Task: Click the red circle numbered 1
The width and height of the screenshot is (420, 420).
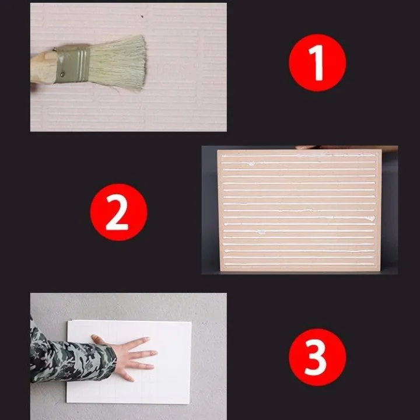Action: click(x=317, y=62)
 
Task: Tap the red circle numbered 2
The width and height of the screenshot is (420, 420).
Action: click(x=118, y=211)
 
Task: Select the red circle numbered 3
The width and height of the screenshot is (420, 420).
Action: click(x=317, y=356)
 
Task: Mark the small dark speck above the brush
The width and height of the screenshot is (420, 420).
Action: click(x=142, y=16)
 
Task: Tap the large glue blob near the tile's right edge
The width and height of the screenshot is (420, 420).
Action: click(x=369, y=218)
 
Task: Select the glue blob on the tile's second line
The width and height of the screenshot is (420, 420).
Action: click(x=252, y=164)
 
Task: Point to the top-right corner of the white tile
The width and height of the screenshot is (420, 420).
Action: click(x=190, y=322)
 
